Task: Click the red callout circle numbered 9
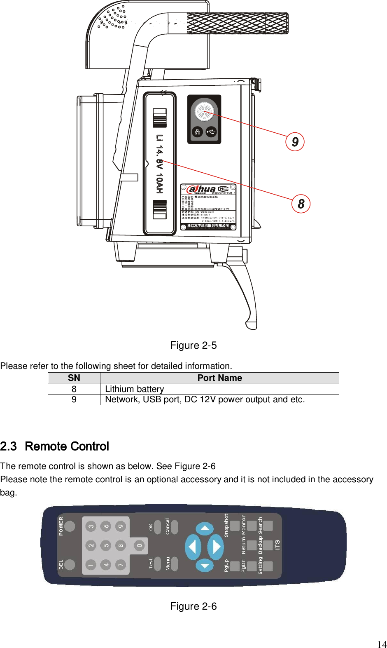295,142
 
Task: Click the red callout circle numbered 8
301,204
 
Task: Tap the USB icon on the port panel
211,132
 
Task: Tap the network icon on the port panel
198,132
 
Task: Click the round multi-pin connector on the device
204,111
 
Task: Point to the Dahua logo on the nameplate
201,189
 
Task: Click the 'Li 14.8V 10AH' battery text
159,164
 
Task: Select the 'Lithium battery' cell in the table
135,389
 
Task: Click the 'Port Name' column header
219,378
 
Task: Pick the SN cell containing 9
74,399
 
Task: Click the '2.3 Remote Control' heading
54,446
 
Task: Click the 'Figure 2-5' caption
193,345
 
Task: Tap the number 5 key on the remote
106,545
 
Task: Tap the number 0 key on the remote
139,545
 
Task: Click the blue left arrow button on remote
192,547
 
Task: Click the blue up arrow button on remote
205,529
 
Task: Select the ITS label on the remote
277,545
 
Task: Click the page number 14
382,644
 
